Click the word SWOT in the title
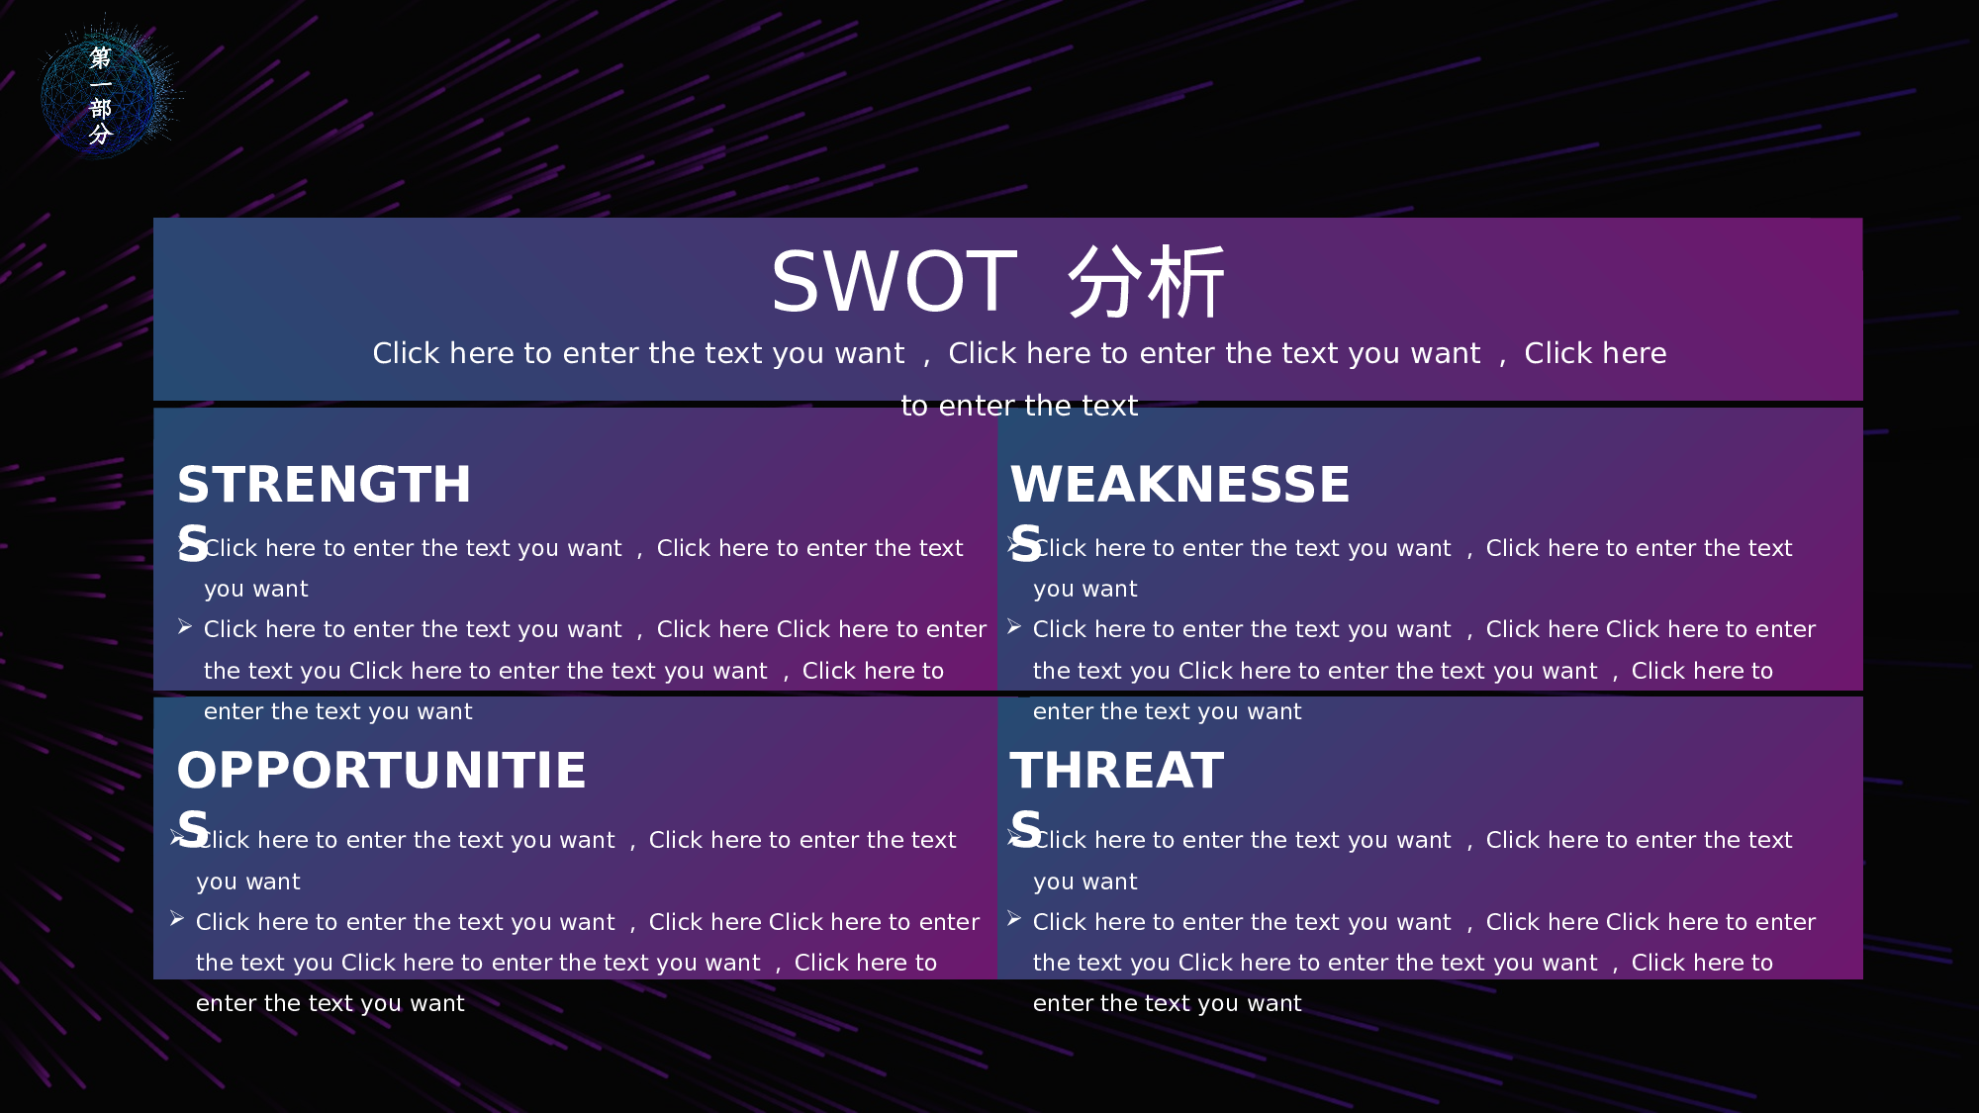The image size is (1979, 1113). point(895,282)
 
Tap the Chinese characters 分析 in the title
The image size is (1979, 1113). point(1147,282)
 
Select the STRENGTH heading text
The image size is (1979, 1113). point(324,484)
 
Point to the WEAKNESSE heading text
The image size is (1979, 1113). point(1179,484)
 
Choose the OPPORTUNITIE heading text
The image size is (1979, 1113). point(381,770)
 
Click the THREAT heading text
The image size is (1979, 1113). point(1117,770)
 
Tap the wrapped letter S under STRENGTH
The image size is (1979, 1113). point(193,544)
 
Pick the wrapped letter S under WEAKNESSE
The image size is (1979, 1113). point(1026,544)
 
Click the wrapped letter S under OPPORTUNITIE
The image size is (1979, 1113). point(193,828)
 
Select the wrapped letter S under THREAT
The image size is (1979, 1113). point(1026,828)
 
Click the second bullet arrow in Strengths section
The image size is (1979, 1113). point(185,627)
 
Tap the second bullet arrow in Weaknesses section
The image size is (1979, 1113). point(1014,627)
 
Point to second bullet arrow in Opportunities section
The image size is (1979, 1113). point(177,919)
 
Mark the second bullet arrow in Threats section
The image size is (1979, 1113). point(1014,919)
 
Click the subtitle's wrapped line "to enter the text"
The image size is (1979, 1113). point(1019,406)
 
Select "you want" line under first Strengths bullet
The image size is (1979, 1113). point(256,590)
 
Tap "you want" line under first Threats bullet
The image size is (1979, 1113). point(1085,882)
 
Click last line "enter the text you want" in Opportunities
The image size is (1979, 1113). point(330,1003)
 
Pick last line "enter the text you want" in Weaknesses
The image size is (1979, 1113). point(1168,711)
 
